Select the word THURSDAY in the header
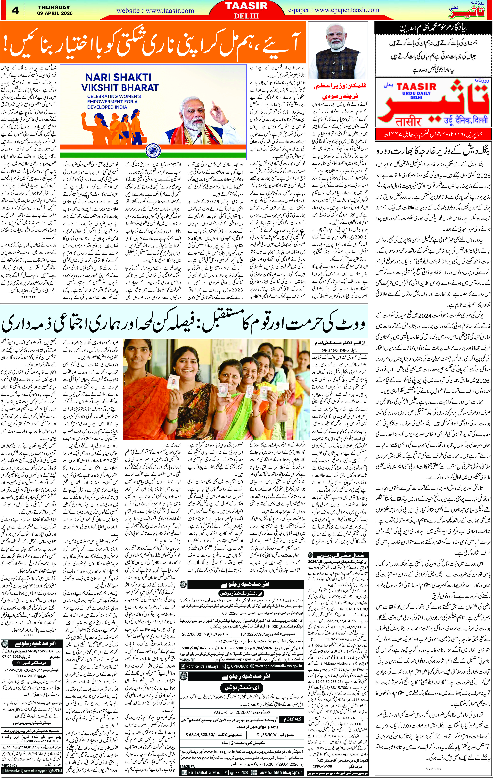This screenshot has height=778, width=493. click(53, 7)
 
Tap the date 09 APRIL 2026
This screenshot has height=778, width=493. click(55, 13)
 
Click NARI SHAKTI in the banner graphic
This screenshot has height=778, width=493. click(118, 78)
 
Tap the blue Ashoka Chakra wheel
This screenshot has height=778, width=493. click(153, 151)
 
